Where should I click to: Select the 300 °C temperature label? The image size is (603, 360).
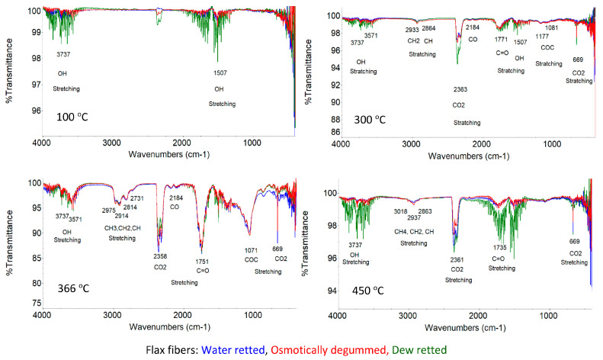(x=374, y=119)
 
